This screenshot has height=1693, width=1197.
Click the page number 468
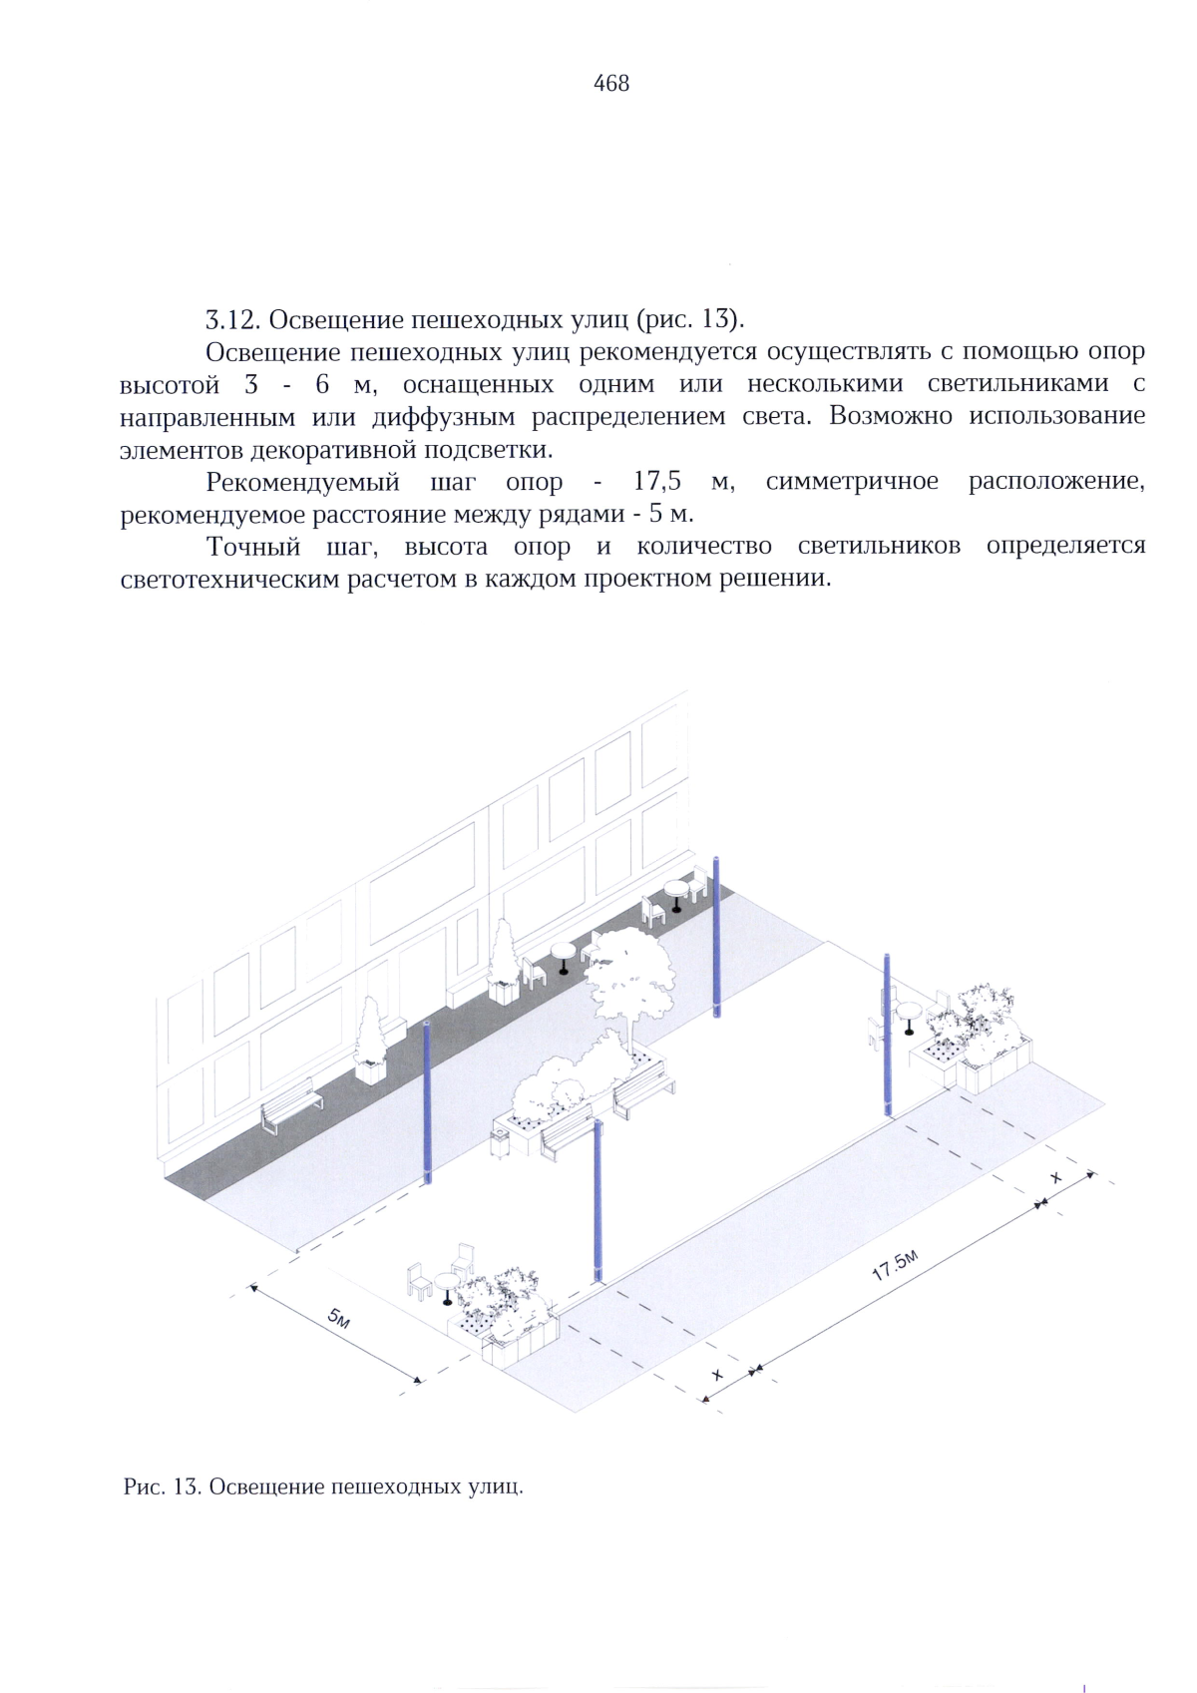point(610,84)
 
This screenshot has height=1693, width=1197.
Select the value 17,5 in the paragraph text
point(657,482)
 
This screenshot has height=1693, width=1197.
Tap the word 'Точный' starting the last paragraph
point(253,547)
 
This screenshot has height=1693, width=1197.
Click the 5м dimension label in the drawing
point(339,1320)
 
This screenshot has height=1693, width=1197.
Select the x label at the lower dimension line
point(716,1375)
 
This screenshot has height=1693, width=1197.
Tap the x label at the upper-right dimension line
point(1056,1178)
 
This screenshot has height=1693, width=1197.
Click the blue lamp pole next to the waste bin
point(598,1197)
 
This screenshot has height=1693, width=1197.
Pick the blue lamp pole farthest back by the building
point(716,938)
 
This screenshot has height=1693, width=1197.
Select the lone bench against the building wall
point(291,1105)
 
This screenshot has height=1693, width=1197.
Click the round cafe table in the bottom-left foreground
point(446,1285)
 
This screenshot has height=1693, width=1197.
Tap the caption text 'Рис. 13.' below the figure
point(163,1487)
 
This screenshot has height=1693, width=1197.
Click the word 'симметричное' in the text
point(852,482)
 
